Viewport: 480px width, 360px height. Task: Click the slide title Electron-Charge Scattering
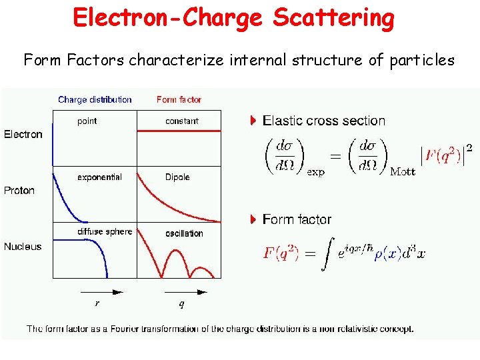click(x=234, y=18)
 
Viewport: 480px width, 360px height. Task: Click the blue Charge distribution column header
click(x=95, y=100)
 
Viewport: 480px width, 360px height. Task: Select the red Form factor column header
click(x=179, y=100)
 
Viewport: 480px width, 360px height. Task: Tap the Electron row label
click(x=23, y=135)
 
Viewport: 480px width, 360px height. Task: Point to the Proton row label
click(x=19, y=191)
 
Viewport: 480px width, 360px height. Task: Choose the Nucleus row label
click(x=23, y=247)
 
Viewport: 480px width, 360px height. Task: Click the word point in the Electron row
click(x=87, y=121)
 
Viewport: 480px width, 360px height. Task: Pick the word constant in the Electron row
click(x=182, y=121)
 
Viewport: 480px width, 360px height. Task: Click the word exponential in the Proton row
click(x=99, y=177)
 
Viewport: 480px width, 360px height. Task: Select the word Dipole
click(x=177, y=177)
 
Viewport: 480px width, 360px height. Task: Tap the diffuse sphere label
click(x=105, y=232)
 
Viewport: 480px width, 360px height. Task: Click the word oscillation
click(x=184, y=233)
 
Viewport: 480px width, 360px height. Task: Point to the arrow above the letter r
click(x=102, y=291)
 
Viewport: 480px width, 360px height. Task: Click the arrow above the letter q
click(x=183, y=291)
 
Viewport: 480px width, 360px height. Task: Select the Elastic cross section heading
click(x=324, y=121)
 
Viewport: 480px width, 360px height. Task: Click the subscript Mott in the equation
click(x=402, y=172)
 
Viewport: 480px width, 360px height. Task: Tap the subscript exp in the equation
click(x=315, y=172)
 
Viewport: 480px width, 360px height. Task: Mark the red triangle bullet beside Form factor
click(x=253, y=219)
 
